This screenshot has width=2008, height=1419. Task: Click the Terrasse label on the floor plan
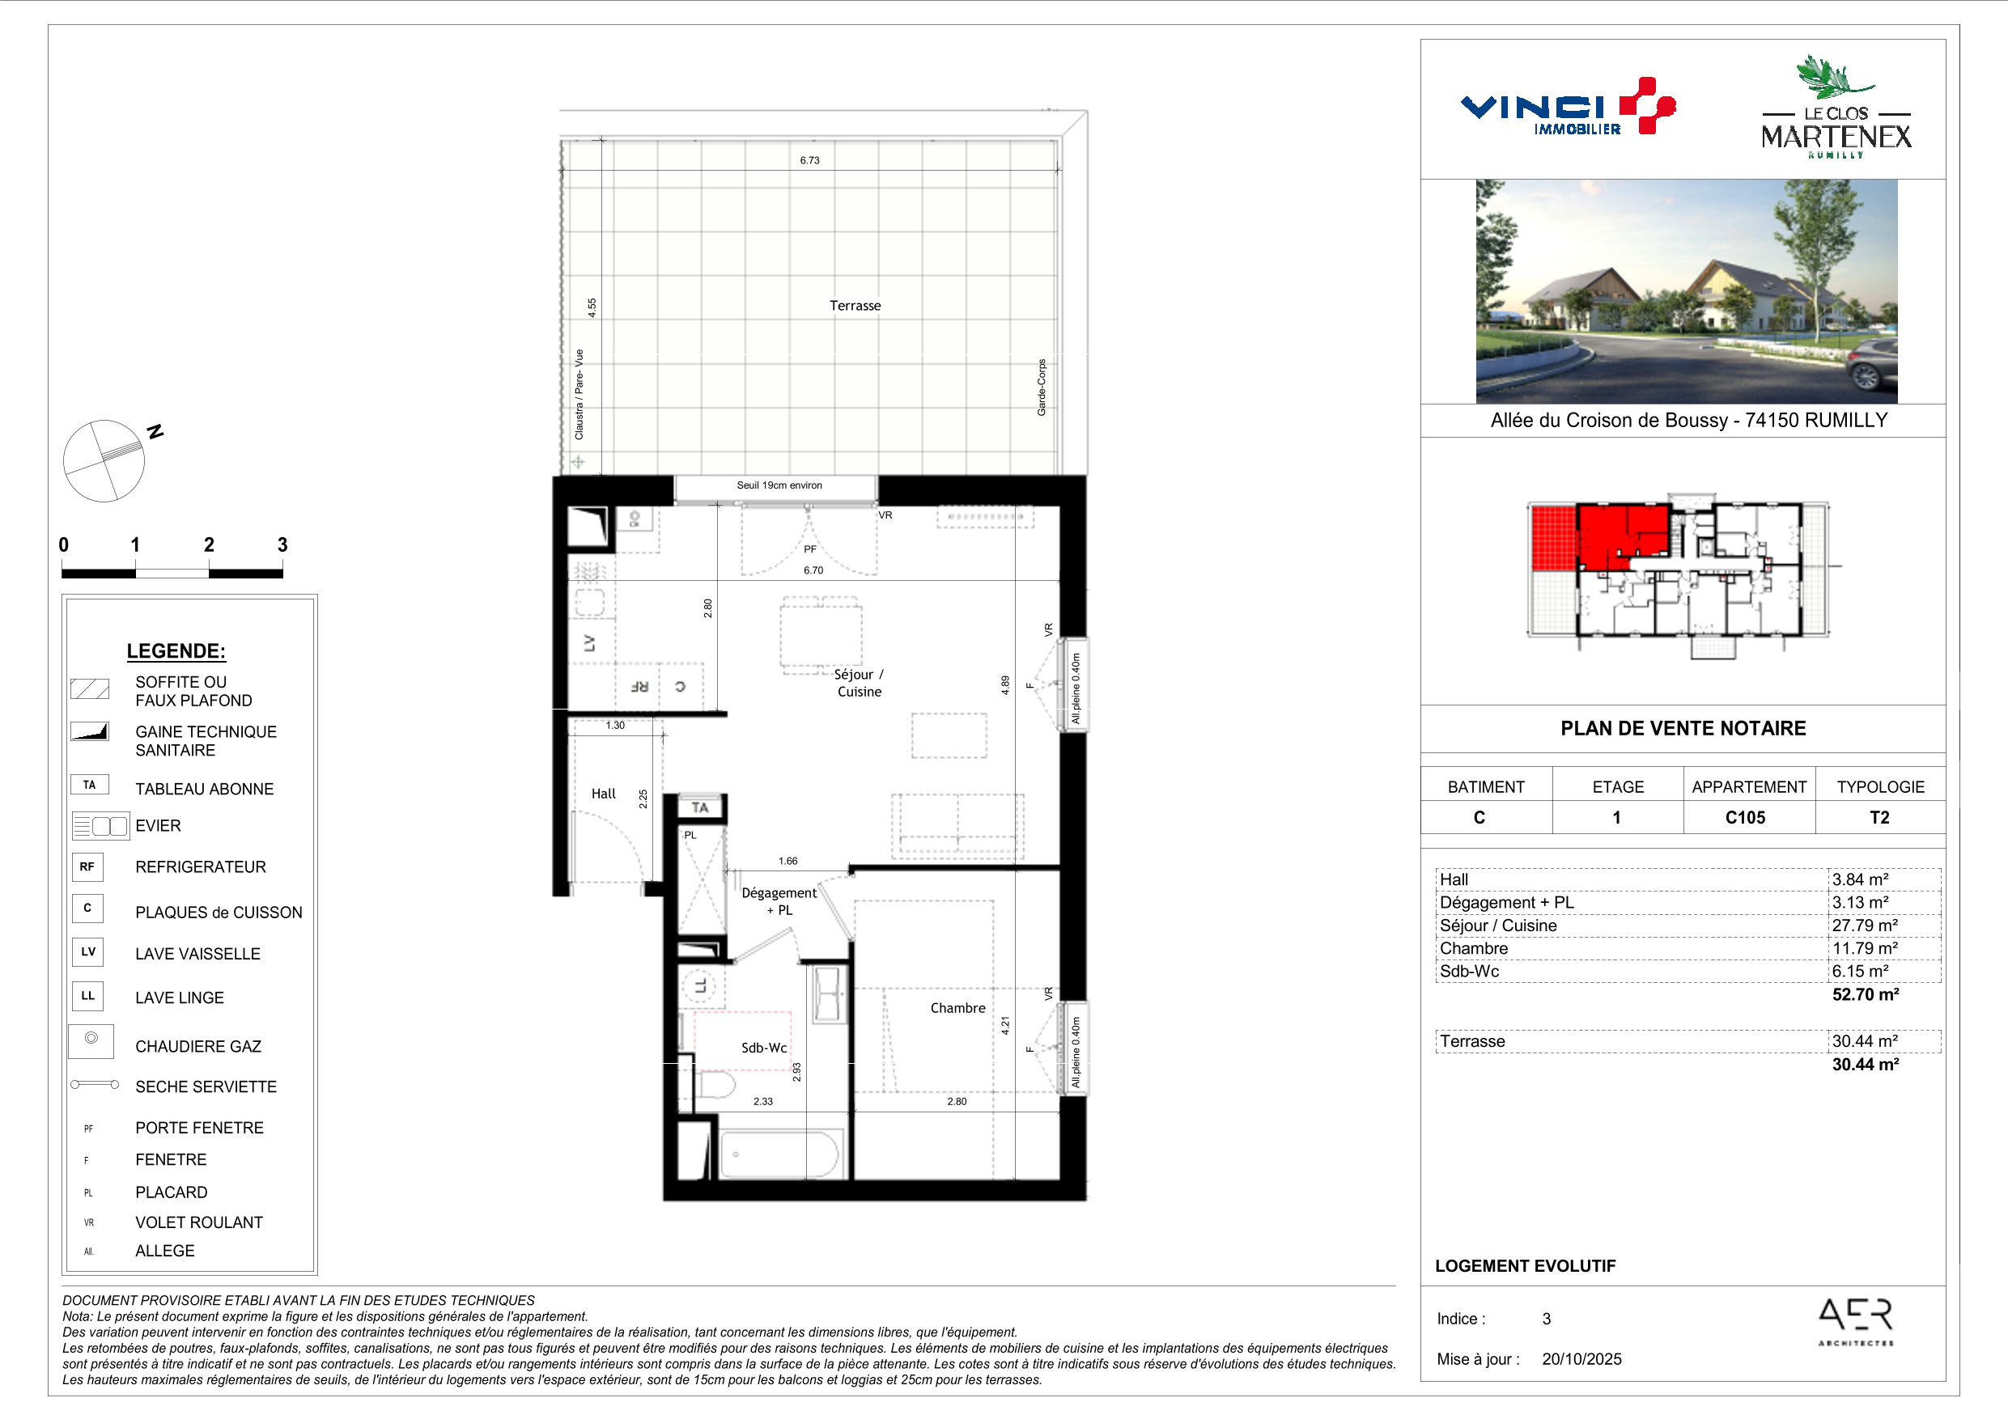(x=855, y=305)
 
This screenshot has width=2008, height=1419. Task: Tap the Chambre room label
(x=957, y=1008)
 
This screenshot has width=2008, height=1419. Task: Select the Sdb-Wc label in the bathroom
(x=763, y=1048)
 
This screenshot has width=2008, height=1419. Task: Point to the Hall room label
(x=604, y=794)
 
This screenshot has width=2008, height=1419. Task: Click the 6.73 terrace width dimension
(x=810, y=160)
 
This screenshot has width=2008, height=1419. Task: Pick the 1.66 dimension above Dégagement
(x=788, y=862)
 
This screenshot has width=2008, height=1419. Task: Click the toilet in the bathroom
(x=715, y=1086)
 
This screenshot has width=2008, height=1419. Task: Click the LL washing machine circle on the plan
(x=699, y=986)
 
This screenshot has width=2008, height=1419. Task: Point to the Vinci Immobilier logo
(x=1567, y=108)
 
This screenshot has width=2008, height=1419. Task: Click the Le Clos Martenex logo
(x=1836, y=107)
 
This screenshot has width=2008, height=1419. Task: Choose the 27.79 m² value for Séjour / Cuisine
(x=1865, y=925)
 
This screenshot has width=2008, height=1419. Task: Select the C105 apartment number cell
(x=1745, y=817)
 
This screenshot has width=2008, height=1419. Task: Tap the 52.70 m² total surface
(x=1866, y=994)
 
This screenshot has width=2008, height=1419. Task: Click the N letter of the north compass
(x=155, y=431)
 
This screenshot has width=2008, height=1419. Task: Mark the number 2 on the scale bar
(x=209, y=544)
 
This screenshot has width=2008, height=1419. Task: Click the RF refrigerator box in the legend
(x=87, y=867)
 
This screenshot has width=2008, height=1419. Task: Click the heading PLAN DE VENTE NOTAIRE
(x=1683, y=728)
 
